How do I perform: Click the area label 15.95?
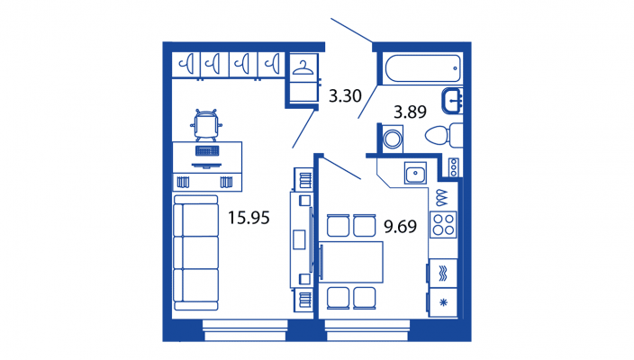click(x=249, y=218)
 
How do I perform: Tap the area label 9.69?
click(x=400, y=226)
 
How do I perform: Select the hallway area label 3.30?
click(x=345, y=95)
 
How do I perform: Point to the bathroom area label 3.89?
click(x=410, y=112)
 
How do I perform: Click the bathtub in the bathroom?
click(x=423, y=68)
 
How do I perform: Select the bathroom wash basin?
click(x=452, y=101)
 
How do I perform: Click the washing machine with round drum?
click(x=393, y=139)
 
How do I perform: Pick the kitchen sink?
click(x=415, y=174)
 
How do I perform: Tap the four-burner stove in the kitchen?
click(x=443, y=225)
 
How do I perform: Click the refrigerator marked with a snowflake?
click(x=443, y=302)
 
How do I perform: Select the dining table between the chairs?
click(x=351, y=262)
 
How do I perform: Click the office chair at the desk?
click(x=206, y=124)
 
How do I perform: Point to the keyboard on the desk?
click(x=207, y=150)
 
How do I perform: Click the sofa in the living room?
click(x=196, y=253)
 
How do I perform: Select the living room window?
click(x=245, y=330)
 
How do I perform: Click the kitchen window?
click(x=367, y=330)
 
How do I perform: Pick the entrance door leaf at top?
click(x=351, y=31)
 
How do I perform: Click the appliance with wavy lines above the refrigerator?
click(x=443, y=273)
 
